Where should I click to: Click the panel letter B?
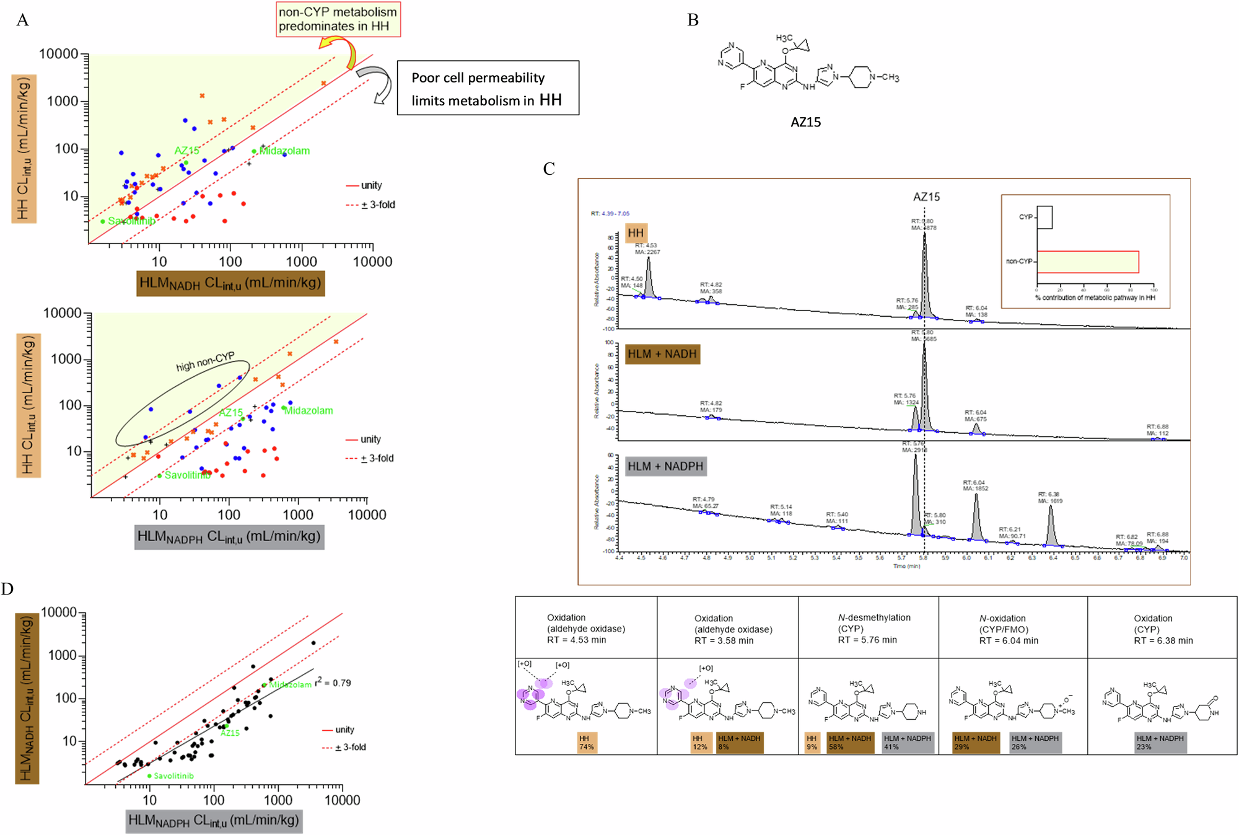pyautogui.click(x=693, y=20)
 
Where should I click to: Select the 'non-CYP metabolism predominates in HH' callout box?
pyautogui.click(x=338, y=19)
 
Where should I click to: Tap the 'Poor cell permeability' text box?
pyautogui.click(x=488, y=88)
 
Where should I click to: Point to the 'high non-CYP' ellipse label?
pyautogui.click(x=205, y=361)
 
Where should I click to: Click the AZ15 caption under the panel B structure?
pyautogui.click(x=805, y=122)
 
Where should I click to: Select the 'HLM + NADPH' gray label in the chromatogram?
pyautogui.click(x=665, y=466)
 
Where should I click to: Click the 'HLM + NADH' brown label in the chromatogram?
pyautogui.click(x=662, y=354)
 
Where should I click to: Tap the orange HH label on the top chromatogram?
pyautogui.click(x=636, y=233)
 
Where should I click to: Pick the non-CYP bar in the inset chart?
pyautogui.click(x=1088, y=262)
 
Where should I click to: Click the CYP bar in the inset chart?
pyautogui.click(x=1044, y=217)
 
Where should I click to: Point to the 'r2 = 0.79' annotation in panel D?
pyautogui.click(x=333, y=683)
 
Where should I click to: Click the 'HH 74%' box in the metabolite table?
pyautogui.click(x=586, y=743)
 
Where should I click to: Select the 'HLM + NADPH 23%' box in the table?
pyautogui.click(x=1160, y=743)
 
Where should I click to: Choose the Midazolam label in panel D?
pyautogui.click(x=290, y=684)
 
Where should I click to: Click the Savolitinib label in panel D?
pyautogui.click(x=173, y=775)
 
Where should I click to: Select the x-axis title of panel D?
pyautogui.click(x=214, y=821)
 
